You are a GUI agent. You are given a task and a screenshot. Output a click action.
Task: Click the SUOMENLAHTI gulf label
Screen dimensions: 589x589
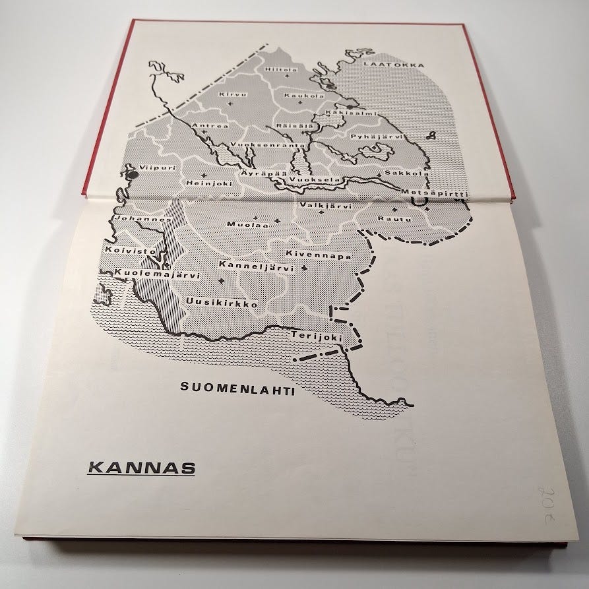coord(237,388)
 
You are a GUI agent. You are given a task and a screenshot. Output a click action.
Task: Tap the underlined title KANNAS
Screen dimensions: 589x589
coord(141,470)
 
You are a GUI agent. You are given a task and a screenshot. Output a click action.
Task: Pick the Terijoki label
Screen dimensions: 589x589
coord(316,337)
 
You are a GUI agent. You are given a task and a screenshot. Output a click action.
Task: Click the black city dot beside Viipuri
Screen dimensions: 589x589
coord(133,175)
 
